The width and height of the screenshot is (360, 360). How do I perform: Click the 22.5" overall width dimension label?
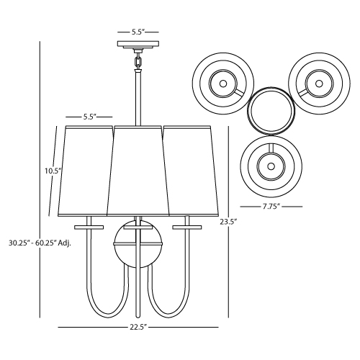[138, 327]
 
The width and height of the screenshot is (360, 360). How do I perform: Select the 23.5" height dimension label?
[228, 222]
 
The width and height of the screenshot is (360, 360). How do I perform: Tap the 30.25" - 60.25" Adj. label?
[40, 243]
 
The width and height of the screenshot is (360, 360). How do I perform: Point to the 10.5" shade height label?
[53, 171]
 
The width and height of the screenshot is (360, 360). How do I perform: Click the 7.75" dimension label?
[271, 207]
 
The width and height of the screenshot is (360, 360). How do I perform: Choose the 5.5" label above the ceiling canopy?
[138, 32]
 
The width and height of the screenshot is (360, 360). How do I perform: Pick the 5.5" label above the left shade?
[90, 117]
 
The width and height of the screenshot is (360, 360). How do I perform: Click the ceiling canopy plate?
[138, 45]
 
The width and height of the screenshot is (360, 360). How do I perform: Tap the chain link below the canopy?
[138, 62]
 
